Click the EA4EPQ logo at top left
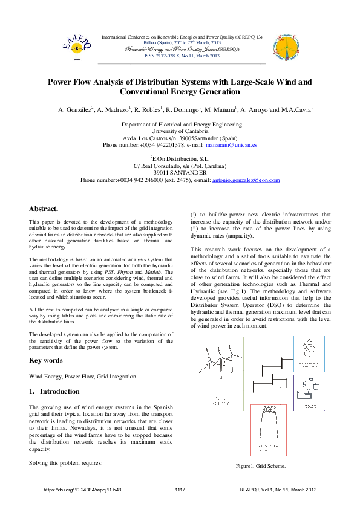point(77,47)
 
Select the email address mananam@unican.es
point(231,145)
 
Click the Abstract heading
point(44,209)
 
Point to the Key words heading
point(46,360)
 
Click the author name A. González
point(75,110)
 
